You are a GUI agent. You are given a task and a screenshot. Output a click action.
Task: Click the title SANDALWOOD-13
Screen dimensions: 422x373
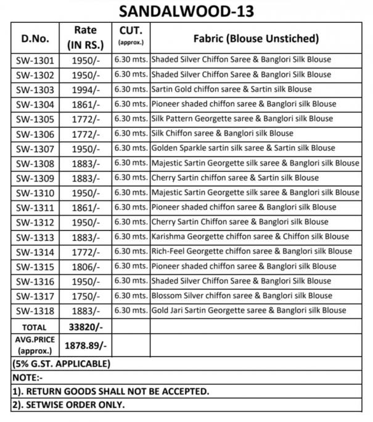click(186, 11)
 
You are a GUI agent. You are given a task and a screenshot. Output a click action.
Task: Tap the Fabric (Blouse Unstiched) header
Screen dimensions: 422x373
click(256, 38)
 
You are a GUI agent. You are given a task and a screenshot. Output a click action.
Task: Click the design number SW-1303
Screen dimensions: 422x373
click(35, 90)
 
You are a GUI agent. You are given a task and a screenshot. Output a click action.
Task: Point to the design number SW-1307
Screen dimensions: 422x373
click(35, 149)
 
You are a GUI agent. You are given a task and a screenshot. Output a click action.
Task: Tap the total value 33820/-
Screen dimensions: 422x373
click(85, 326)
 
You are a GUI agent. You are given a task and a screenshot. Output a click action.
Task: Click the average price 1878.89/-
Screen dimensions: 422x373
click(86, 347)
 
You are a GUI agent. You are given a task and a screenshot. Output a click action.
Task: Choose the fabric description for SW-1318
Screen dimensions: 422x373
click(248, 310)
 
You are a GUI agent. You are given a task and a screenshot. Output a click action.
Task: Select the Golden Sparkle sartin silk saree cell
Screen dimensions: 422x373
click(243, 148)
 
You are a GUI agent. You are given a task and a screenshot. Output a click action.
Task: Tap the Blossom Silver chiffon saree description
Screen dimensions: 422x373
click(241, 295)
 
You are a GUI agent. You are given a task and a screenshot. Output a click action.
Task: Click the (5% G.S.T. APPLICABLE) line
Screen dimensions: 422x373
click(62, 363)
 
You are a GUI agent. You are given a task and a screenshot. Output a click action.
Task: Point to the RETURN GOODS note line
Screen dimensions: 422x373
click(111, 391)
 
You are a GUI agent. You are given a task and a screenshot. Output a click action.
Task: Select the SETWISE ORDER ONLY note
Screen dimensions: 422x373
click(69, 405)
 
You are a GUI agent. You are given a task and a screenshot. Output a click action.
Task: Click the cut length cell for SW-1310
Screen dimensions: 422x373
click(131, 193)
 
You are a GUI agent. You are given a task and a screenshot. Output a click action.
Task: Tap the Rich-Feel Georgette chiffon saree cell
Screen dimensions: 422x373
click(252, 251)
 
